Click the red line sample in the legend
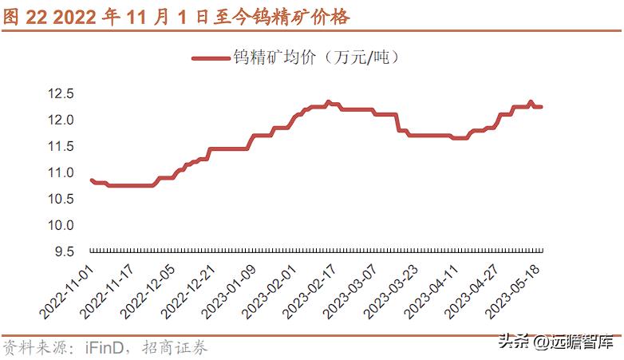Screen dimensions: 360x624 tap(211, 57)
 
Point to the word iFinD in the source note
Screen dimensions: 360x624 tap(105, 347)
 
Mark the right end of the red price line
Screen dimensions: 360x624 tap(542, 107)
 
